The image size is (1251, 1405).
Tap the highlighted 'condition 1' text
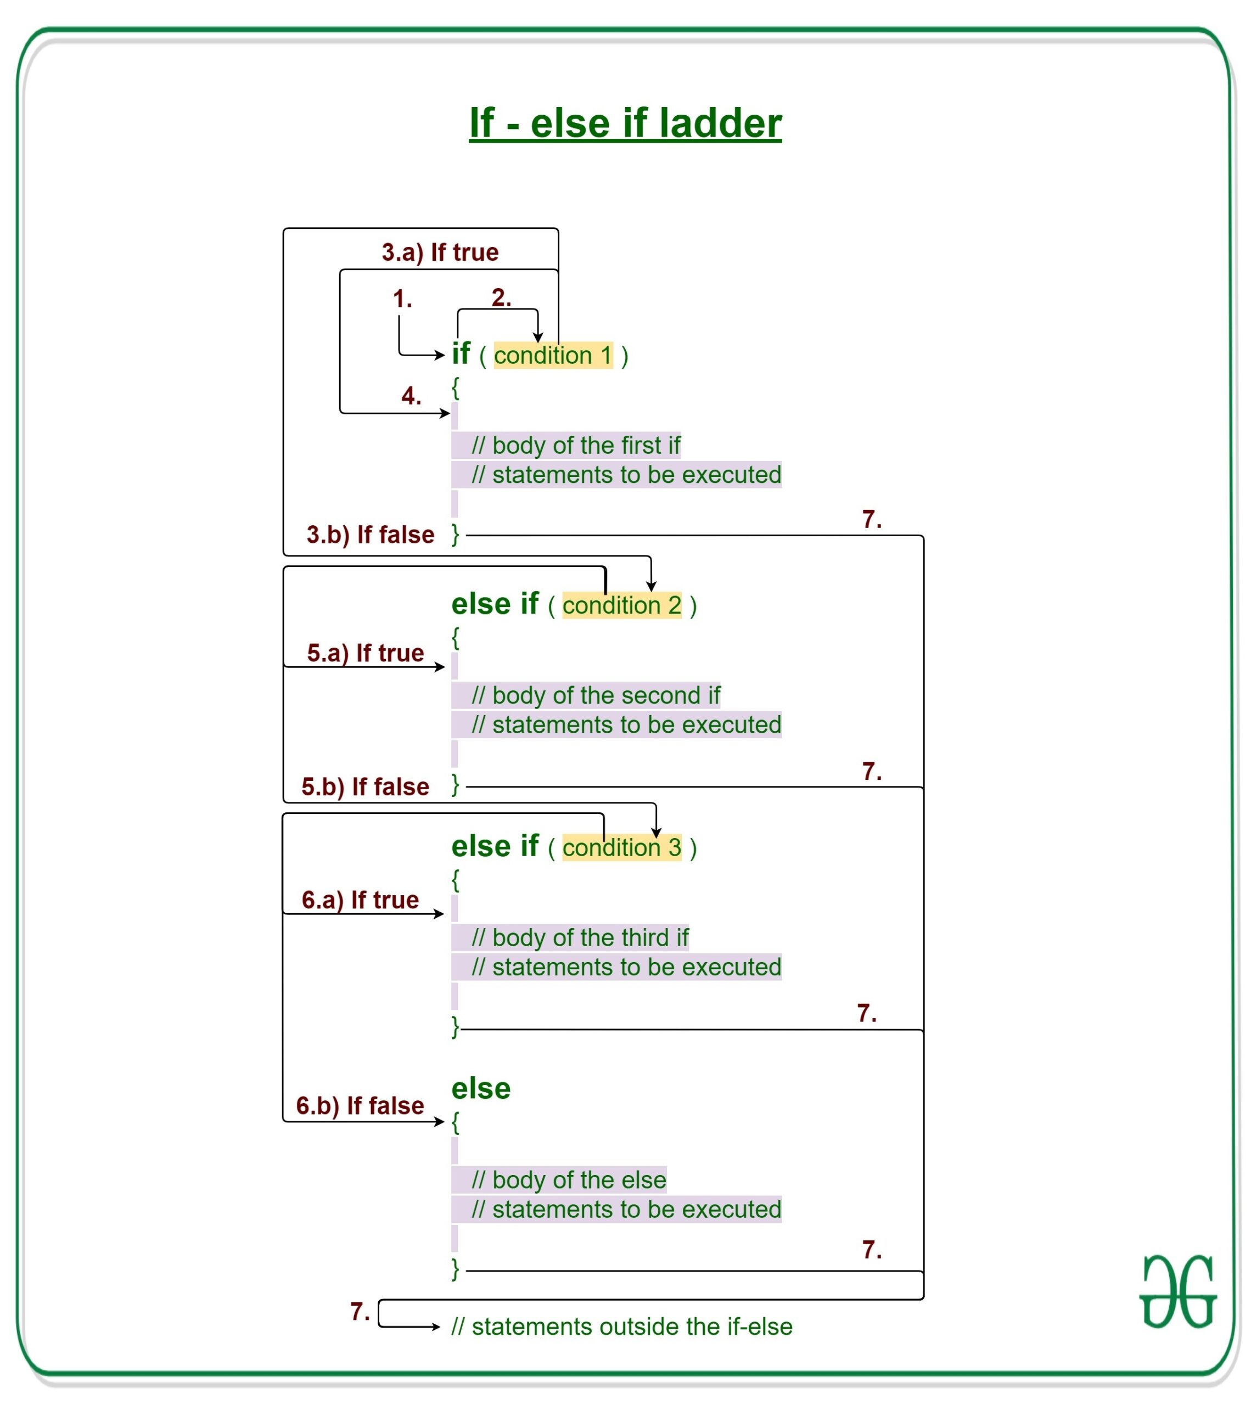click(553, 356)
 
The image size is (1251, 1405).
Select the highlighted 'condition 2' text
click(621, 605)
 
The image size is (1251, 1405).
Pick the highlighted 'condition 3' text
click(621, 847)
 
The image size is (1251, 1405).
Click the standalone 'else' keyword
click(480, 1089)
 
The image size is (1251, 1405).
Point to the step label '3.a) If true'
click(440, 252)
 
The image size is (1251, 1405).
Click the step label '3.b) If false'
click(370, 535)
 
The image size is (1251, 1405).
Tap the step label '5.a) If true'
click(365, 653)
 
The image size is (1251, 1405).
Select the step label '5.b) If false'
click(365, 786)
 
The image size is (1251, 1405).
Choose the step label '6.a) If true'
click(360, 900)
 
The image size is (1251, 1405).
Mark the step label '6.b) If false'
click(360, 1106)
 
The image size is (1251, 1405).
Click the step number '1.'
click(402, 299)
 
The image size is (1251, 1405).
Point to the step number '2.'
click(501, 297)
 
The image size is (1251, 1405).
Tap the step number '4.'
click(411, 396)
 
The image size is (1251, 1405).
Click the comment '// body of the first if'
click(576, 446)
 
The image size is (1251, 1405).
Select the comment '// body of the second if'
click(595, 695)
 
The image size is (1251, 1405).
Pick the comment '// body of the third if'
click(580, 937)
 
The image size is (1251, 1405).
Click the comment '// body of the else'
click(569, 1180)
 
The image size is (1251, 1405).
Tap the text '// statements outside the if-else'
click(621, 1327)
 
